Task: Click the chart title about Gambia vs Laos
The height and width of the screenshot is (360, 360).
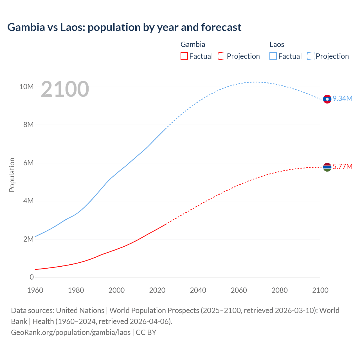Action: (124, 27)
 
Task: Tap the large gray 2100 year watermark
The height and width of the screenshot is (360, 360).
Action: (65, 89)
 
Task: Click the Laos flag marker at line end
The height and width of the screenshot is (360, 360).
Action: (327, 99)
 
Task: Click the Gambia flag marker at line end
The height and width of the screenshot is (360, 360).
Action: (327, 167)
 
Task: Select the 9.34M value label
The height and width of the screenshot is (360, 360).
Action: (343, 98)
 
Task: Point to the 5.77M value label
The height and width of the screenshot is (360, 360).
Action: (343, 166)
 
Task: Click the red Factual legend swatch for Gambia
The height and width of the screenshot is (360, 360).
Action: (184, 56)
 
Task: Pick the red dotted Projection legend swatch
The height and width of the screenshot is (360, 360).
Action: (222, 56)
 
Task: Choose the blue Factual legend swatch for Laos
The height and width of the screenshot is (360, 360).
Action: (273, 56)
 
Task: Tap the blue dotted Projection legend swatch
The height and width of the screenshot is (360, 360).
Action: (311, 56)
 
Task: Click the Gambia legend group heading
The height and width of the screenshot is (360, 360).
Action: (193, 44)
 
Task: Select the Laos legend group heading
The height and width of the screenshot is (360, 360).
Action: (277, 44)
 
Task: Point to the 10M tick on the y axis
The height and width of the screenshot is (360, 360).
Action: (26, 87)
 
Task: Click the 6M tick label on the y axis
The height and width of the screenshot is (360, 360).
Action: (28, 163)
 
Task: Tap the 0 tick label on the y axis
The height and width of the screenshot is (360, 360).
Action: (31, 277)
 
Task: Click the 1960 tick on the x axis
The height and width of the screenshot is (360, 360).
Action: (35, 290)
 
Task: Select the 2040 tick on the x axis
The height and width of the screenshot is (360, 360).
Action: (198, 290)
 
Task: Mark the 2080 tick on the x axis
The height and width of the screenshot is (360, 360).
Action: (280, 290)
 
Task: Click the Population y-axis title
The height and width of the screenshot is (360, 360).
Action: (12, 175)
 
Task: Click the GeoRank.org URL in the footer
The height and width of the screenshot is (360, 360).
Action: (71, 332)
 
